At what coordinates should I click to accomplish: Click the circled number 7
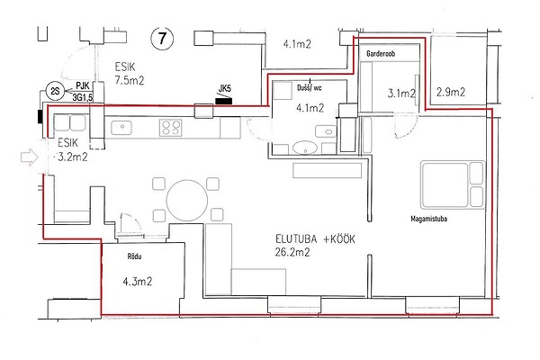pos(162,38)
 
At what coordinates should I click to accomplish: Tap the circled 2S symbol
pos(56,92)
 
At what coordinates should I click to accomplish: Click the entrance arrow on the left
pos(30,157)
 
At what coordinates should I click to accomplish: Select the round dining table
pos(187,200)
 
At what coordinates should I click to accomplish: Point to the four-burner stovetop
pos(170,128)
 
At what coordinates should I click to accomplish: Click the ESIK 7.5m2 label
pos(129,74)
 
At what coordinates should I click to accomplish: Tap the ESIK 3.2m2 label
pos(72,150)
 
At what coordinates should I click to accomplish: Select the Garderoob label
pos(381,54)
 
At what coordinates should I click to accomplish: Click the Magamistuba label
pos(428,219)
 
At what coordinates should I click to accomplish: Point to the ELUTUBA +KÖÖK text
pos(315,239)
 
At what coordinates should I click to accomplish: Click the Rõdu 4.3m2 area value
pos(138,282)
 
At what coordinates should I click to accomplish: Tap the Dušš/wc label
pos(310,88)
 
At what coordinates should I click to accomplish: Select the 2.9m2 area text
pos(451,92)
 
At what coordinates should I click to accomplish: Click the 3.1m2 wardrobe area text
pos(401,93)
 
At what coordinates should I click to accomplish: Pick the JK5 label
pos(224,88)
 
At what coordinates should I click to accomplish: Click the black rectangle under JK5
pos(223,101)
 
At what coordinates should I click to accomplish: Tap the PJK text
pos(83,85)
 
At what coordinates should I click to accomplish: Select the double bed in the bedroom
pos(453,185)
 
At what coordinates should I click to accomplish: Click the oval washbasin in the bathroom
pos(305,148)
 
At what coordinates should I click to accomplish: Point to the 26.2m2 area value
pos(292,253)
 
